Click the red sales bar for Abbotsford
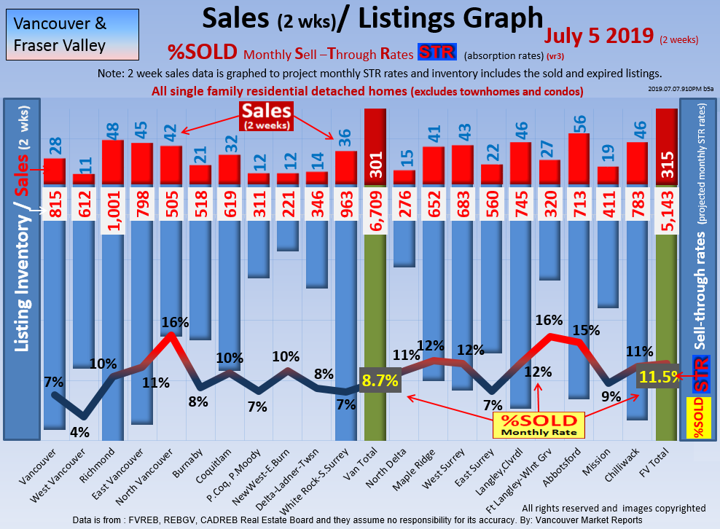coord(579,160)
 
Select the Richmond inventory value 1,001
coord(112,205)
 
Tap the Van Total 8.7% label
coord(380,380)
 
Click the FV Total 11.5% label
coord(660,377)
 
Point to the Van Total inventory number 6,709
coord(375,205)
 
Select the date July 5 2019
coord(598,36)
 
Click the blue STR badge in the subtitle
coord(437,53)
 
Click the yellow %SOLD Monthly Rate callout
coord(539,425)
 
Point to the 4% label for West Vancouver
coord(79,431)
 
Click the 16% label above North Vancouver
coord(176,322)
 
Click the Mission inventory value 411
coord(609,205)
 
